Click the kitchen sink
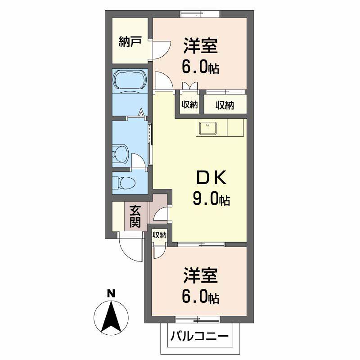[x=207, y=128]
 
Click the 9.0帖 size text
[x=211, y=198]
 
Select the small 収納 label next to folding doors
[x=190, y=105]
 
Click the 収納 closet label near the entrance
[x=159, y=235]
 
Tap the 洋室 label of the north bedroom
[x=200, y=47]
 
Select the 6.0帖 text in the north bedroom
[x=200, y=67]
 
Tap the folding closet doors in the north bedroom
[x=189, y=86]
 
